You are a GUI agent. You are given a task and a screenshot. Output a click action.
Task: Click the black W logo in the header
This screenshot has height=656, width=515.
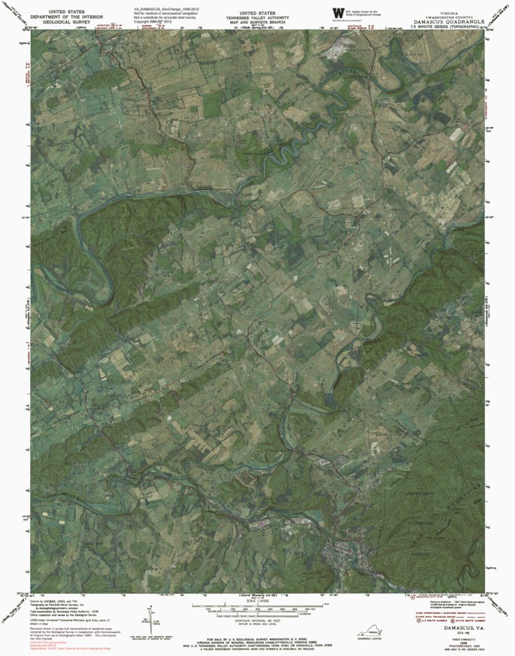pos(338,13)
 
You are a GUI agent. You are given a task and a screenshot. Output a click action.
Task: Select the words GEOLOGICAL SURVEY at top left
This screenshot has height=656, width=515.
pos(67,22)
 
